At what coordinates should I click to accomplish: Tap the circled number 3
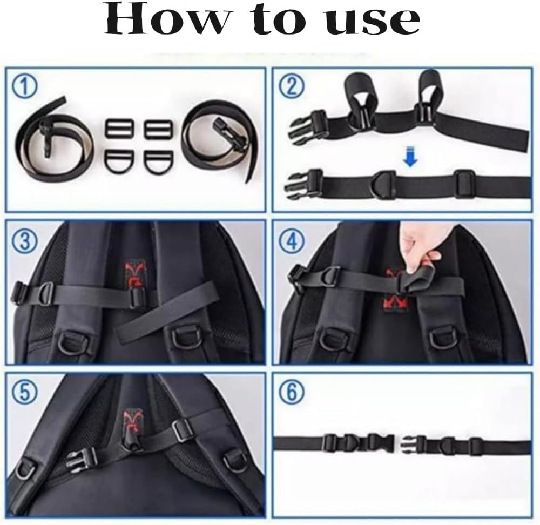(25, 241)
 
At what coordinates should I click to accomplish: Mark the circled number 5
(25, 393)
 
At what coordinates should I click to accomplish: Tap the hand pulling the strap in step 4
(424, 248)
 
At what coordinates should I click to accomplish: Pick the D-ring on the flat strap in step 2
(384, 184)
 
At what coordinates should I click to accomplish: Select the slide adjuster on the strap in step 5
(183, 429)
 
